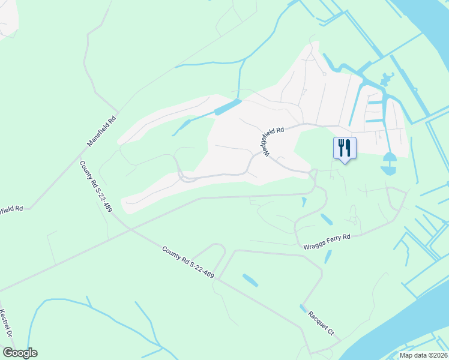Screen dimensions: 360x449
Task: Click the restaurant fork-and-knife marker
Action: (x=345, y=148)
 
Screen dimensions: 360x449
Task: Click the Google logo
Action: (x=20, y=353)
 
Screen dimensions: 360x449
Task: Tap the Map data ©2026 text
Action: (x=423, y=355)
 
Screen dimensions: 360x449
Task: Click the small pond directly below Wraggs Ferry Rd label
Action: (x=328, y=257)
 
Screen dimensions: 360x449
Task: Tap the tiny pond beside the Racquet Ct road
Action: (x=302, y=308)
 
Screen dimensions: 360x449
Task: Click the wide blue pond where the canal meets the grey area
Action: (x=228, y=107)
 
